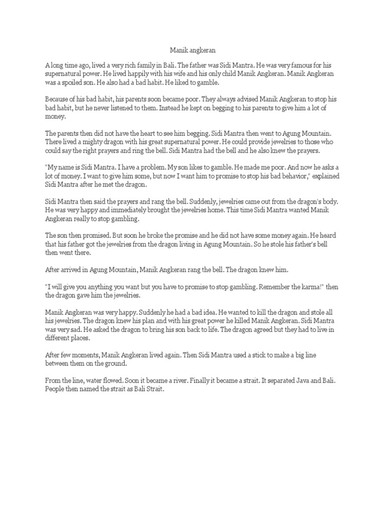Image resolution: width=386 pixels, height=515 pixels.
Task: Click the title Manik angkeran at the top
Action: click(192, 50)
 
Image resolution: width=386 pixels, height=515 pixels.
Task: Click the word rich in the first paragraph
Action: click(150, 65)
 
